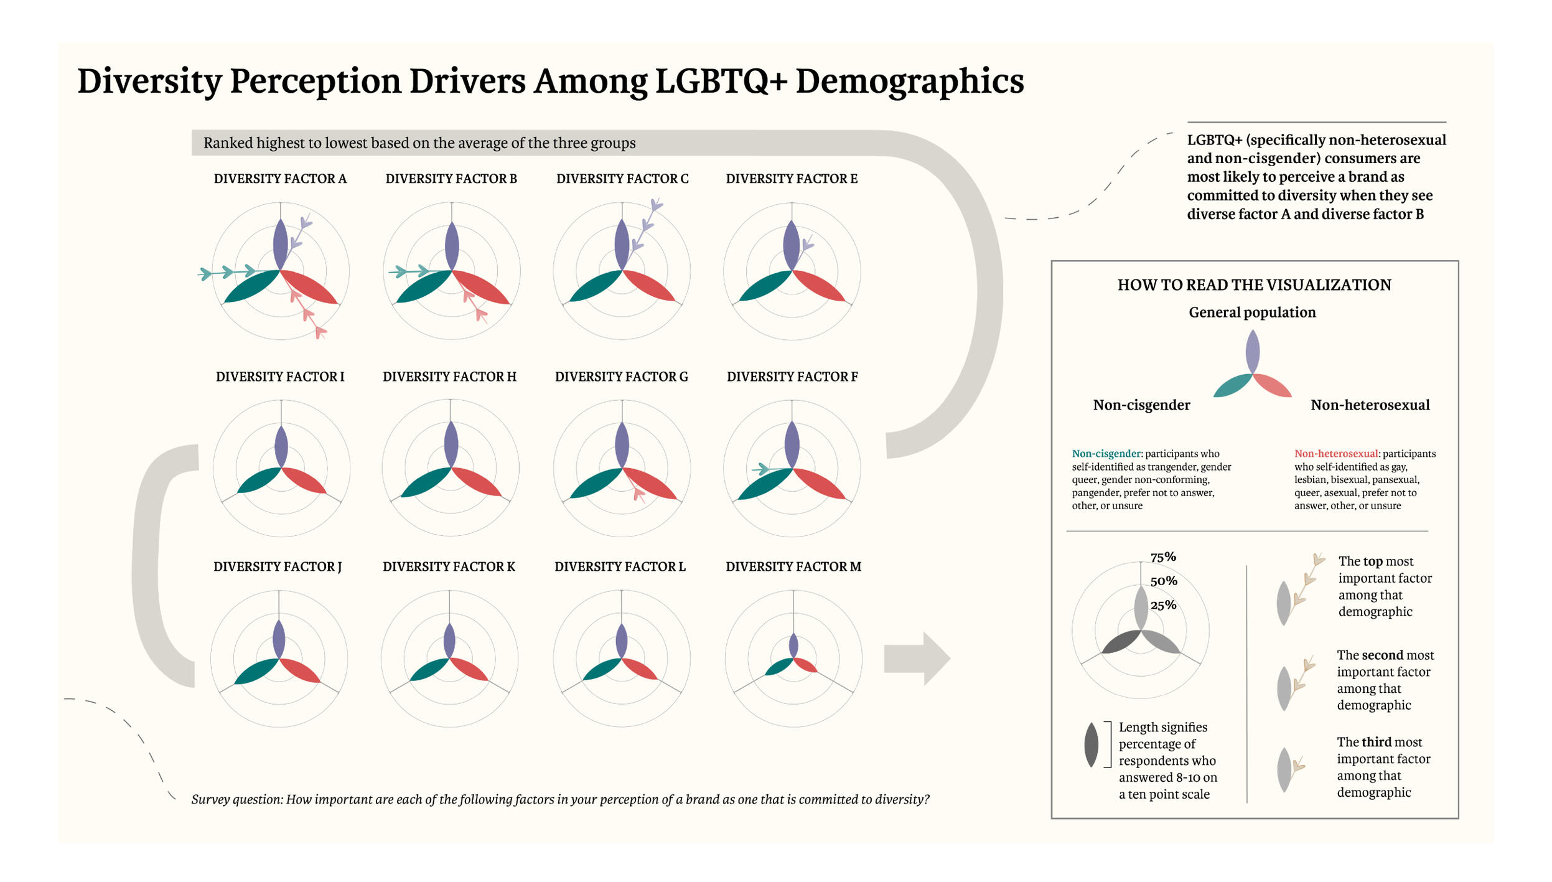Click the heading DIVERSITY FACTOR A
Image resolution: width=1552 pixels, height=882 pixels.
280,179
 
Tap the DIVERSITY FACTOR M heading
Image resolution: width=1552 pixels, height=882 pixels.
793,566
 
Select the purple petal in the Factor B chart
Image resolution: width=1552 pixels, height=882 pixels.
452,246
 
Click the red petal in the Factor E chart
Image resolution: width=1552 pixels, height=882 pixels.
820,287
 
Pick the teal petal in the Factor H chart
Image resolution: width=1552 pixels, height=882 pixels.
425,482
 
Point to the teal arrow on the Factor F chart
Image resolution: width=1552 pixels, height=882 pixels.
760,469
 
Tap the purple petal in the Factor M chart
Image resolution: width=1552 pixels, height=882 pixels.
793,645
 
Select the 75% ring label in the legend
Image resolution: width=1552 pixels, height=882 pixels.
1162,556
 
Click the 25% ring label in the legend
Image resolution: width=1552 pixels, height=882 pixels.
1162,605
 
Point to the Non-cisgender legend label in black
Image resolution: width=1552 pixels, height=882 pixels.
1141,405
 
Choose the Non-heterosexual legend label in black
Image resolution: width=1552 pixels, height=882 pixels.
1369,405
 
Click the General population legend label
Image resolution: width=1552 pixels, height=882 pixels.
1251,312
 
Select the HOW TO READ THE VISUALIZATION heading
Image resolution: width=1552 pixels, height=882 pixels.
1253,285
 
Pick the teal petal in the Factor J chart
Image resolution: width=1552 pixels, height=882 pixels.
256,672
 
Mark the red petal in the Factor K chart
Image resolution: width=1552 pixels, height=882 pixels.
469,669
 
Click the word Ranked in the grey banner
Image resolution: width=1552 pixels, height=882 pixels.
227,143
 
